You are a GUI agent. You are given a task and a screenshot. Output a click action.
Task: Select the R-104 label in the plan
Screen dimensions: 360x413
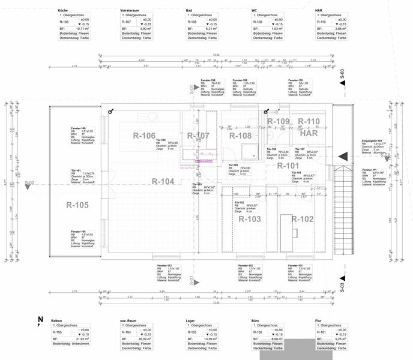[x=163, y=181]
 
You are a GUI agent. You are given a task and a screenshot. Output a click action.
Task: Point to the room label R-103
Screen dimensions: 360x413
[x=250, y=219]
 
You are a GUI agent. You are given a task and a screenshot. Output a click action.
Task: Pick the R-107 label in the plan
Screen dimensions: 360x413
[x=198, y=136]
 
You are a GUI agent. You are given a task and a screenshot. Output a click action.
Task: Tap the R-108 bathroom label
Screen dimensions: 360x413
[x=240, y=136]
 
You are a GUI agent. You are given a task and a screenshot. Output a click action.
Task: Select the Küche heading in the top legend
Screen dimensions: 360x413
[x=63, y=11]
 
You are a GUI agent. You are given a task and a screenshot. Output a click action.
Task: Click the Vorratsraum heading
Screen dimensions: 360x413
[x=130, y=11]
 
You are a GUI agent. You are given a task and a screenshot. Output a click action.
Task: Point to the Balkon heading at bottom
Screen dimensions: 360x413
[x=57, y=322]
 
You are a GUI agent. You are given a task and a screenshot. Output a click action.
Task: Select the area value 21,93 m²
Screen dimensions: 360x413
[x=78, y=339]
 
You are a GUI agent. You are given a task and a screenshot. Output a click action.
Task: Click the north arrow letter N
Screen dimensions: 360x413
[x=40, y=320]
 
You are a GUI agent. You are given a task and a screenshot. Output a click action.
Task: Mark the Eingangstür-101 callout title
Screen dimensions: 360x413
[x=372, y=141]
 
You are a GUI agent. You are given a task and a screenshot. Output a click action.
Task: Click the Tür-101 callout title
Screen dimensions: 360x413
[x=76, y=170]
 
